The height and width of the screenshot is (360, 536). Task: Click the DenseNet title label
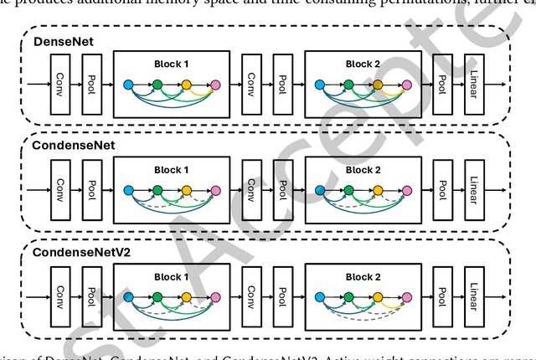[x=56, y=40]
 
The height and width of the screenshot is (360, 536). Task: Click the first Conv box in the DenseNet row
[x=60, y=84]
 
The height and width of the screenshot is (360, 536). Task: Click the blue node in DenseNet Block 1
[x=128, y=85]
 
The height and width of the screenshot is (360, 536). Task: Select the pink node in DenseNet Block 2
[x=407, y=85]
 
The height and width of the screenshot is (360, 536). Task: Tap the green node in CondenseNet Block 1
[x=157, y=188]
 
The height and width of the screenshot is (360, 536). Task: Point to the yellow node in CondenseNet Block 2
[x=378, y=188]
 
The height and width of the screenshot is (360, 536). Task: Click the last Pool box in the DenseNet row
[x=443, y=84]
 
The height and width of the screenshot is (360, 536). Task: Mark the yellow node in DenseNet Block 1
[x=186, y=85]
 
